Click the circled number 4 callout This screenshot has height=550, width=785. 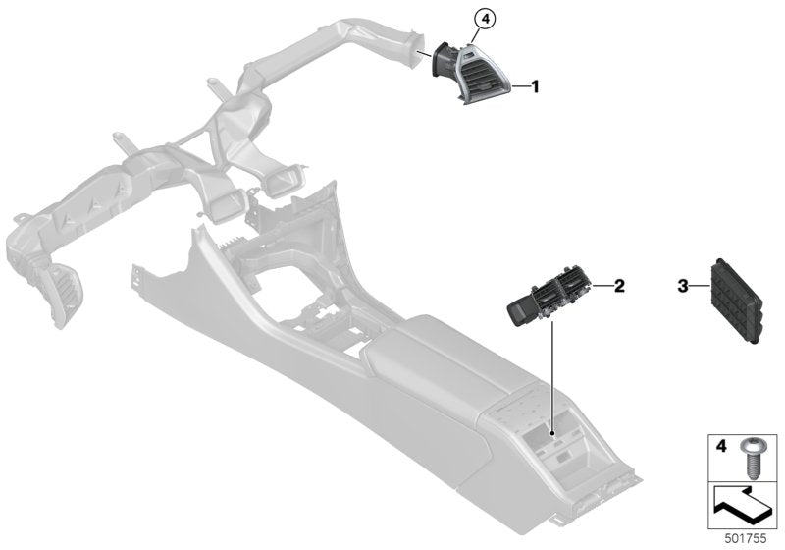pos(484,20)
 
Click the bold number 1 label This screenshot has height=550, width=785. pos(535,86)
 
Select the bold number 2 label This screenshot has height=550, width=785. pos(619,286)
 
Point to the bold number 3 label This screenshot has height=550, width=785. pos(683,287)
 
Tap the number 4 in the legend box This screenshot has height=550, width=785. pos(721,446)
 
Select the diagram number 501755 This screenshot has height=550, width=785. pos(746,539)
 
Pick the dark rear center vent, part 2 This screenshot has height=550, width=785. pos(549,301)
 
